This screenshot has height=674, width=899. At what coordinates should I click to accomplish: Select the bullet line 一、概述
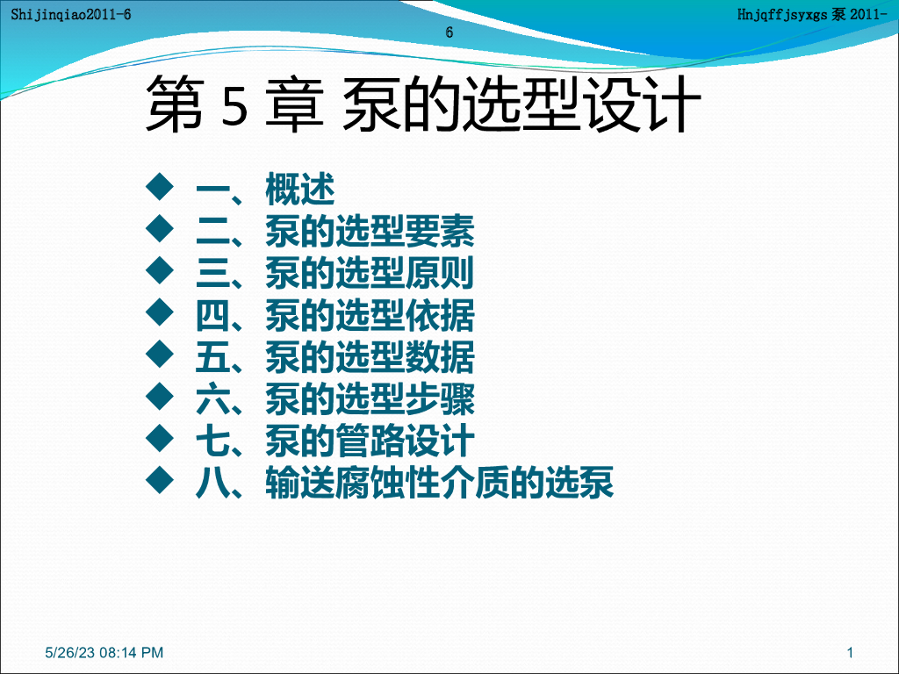[x=264, y=190]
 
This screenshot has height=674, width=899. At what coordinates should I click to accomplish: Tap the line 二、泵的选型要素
[x=334, y=232]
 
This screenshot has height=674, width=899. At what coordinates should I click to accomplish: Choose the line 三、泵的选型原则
[x=334, y=274]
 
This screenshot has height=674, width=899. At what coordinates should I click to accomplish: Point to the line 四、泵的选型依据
[x=334, y=316]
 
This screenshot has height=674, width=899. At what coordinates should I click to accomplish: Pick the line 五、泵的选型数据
[x=334, y=358]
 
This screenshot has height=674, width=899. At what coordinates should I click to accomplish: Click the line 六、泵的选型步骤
[x=334, y=400]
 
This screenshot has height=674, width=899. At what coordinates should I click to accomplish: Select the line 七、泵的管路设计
[x=334, y=441]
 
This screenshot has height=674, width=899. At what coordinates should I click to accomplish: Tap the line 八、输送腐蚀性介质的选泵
[x=404, y=484]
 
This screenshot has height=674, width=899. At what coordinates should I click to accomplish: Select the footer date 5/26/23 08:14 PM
[x=104, y=652]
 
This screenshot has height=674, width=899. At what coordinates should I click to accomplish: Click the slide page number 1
[x=850, y=652]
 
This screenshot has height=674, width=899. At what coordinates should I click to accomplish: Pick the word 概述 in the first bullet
[x=300, y=190]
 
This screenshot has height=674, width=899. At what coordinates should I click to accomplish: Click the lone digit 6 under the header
[x=449, y=32]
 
